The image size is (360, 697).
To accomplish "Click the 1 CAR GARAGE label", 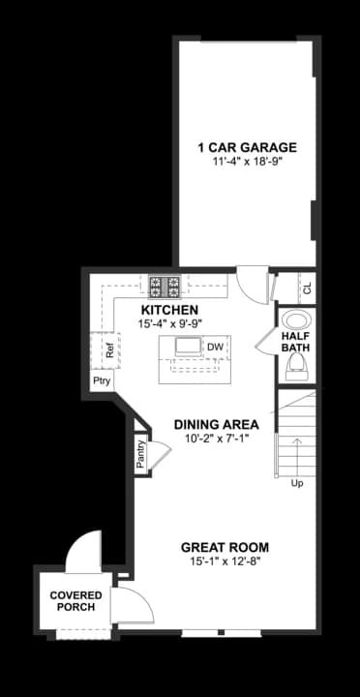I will (246, 147).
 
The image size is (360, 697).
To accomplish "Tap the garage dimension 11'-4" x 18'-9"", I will (246, 162).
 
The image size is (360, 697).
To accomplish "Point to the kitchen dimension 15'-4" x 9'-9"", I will (169, 322).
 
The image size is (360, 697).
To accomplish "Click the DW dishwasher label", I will (215, 347).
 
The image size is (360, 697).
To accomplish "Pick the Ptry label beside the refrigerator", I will (102, 381).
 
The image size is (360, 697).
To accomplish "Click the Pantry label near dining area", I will (140, 454).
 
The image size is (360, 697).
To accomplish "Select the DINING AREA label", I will (215, 424).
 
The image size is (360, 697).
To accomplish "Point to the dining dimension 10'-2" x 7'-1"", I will (215, 439).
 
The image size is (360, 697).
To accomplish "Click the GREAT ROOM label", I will (224, 547).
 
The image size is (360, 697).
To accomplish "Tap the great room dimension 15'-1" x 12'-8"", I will (224, 561).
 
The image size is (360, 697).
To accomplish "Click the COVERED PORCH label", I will (75, 600).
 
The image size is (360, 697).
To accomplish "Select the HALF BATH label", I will (295, 342).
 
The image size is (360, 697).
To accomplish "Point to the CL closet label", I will (307, 288).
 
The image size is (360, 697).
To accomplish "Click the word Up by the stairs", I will (296, 483).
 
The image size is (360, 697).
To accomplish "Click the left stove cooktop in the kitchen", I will (156, 286).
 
